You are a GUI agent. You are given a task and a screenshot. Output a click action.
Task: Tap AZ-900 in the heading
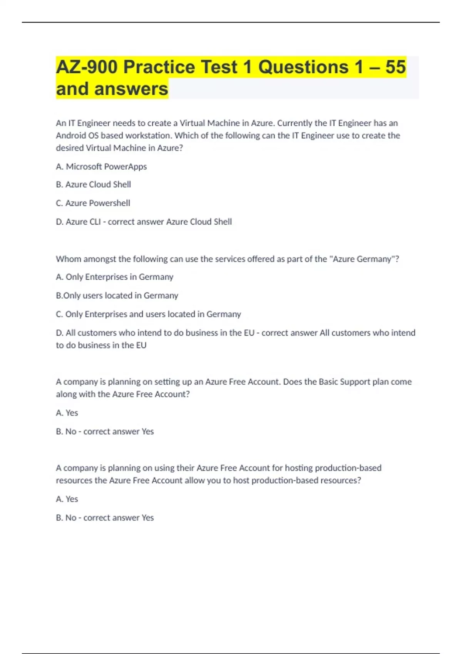tap(87, 67)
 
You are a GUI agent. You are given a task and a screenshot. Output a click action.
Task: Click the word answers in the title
tap(131, 89)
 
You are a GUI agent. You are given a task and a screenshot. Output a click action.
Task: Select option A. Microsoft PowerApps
tap(101, 167)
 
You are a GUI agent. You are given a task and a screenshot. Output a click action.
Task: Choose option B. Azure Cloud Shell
tap(94, 185)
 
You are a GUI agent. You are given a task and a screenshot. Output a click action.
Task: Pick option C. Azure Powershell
tap(93, 203)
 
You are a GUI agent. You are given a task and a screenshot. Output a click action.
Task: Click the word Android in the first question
tap(70, 135)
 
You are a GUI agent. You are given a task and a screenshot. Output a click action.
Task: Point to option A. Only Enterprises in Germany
tap(114, 277)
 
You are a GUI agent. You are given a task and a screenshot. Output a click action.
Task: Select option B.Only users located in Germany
tap(117, 295)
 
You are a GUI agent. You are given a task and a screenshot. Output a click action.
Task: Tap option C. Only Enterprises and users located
tap(148, 314)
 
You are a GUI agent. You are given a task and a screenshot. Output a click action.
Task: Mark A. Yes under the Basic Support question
tap(67, 413)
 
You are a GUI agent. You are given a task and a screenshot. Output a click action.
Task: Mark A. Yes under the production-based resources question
tap(67, 499)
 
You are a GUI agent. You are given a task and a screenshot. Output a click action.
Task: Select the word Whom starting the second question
tap(68, 259)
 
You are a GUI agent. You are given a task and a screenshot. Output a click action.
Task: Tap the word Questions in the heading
tap(303, 67)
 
